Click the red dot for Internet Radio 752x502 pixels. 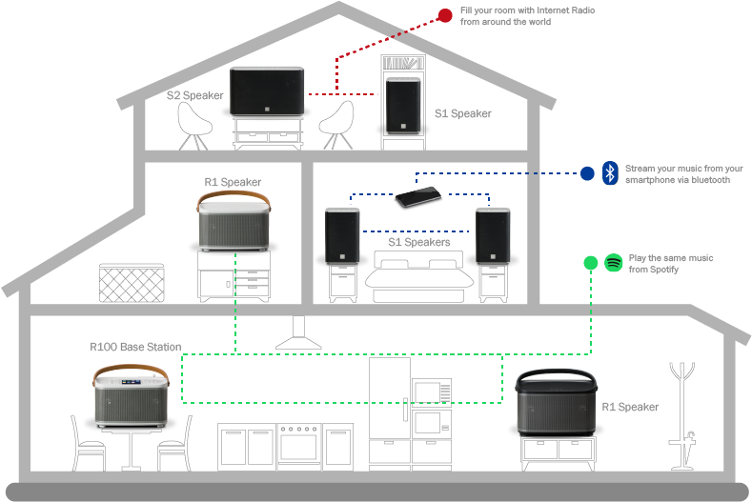445,15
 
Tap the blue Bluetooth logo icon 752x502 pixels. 611,173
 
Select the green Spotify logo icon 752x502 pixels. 614,263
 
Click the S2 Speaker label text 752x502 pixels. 195,95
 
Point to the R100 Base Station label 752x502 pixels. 135,347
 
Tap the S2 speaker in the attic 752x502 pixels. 267,92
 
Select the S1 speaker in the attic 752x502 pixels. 406,106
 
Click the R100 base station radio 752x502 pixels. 132,399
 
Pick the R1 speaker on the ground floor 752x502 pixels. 557,405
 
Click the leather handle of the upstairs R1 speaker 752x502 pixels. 234,198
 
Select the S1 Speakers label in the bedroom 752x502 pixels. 418,242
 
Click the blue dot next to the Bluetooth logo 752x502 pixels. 587,173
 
